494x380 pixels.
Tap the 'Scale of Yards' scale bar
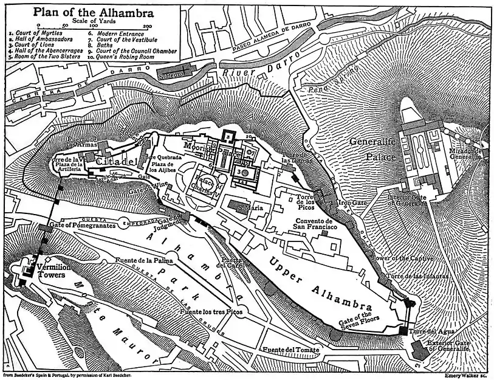point(93,26)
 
